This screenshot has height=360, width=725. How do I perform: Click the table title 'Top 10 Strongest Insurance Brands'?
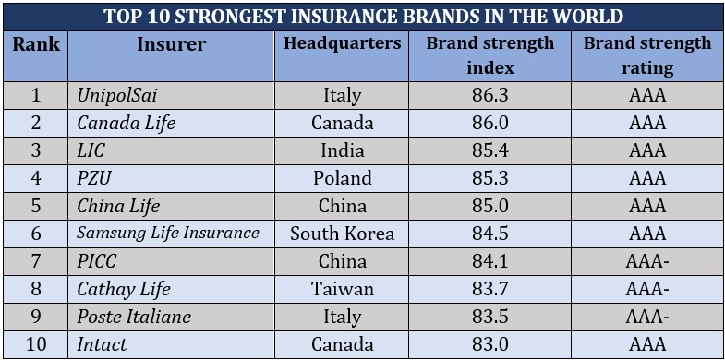coord(363,17)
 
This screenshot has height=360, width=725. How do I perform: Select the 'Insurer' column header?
coord(171,44)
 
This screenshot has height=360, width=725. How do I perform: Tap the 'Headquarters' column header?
coord(342,44)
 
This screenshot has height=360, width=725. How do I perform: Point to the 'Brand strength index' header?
coord(489,55)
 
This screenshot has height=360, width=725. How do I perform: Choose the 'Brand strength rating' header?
coord(646,55)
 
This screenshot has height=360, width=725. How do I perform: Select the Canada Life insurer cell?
coord(126,123)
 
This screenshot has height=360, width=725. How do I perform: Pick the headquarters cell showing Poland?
coord(342,178)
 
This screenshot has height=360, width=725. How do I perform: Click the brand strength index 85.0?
coord(489,206)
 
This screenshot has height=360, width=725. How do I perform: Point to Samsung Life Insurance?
coord(168,234)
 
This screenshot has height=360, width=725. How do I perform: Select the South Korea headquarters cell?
coord(342,234)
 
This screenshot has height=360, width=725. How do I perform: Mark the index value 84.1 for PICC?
coord(489,261)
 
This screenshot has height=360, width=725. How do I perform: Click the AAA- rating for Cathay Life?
coord(646,289)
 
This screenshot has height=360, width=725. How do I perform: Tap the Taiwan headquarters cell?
coord(342,289)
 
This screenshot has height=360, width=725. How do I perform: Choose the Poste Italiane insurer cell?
coord(134,317)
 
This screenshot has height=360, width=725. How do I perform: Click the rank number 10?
coord(36,344)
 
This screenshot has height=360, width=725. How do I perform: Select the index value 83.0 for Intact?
coord(489,344)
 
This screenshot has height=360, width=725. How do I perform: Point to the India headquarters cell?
coord(342,150)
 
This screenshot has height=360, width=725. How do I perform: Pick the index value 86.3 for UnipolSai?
coord(489,95)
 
